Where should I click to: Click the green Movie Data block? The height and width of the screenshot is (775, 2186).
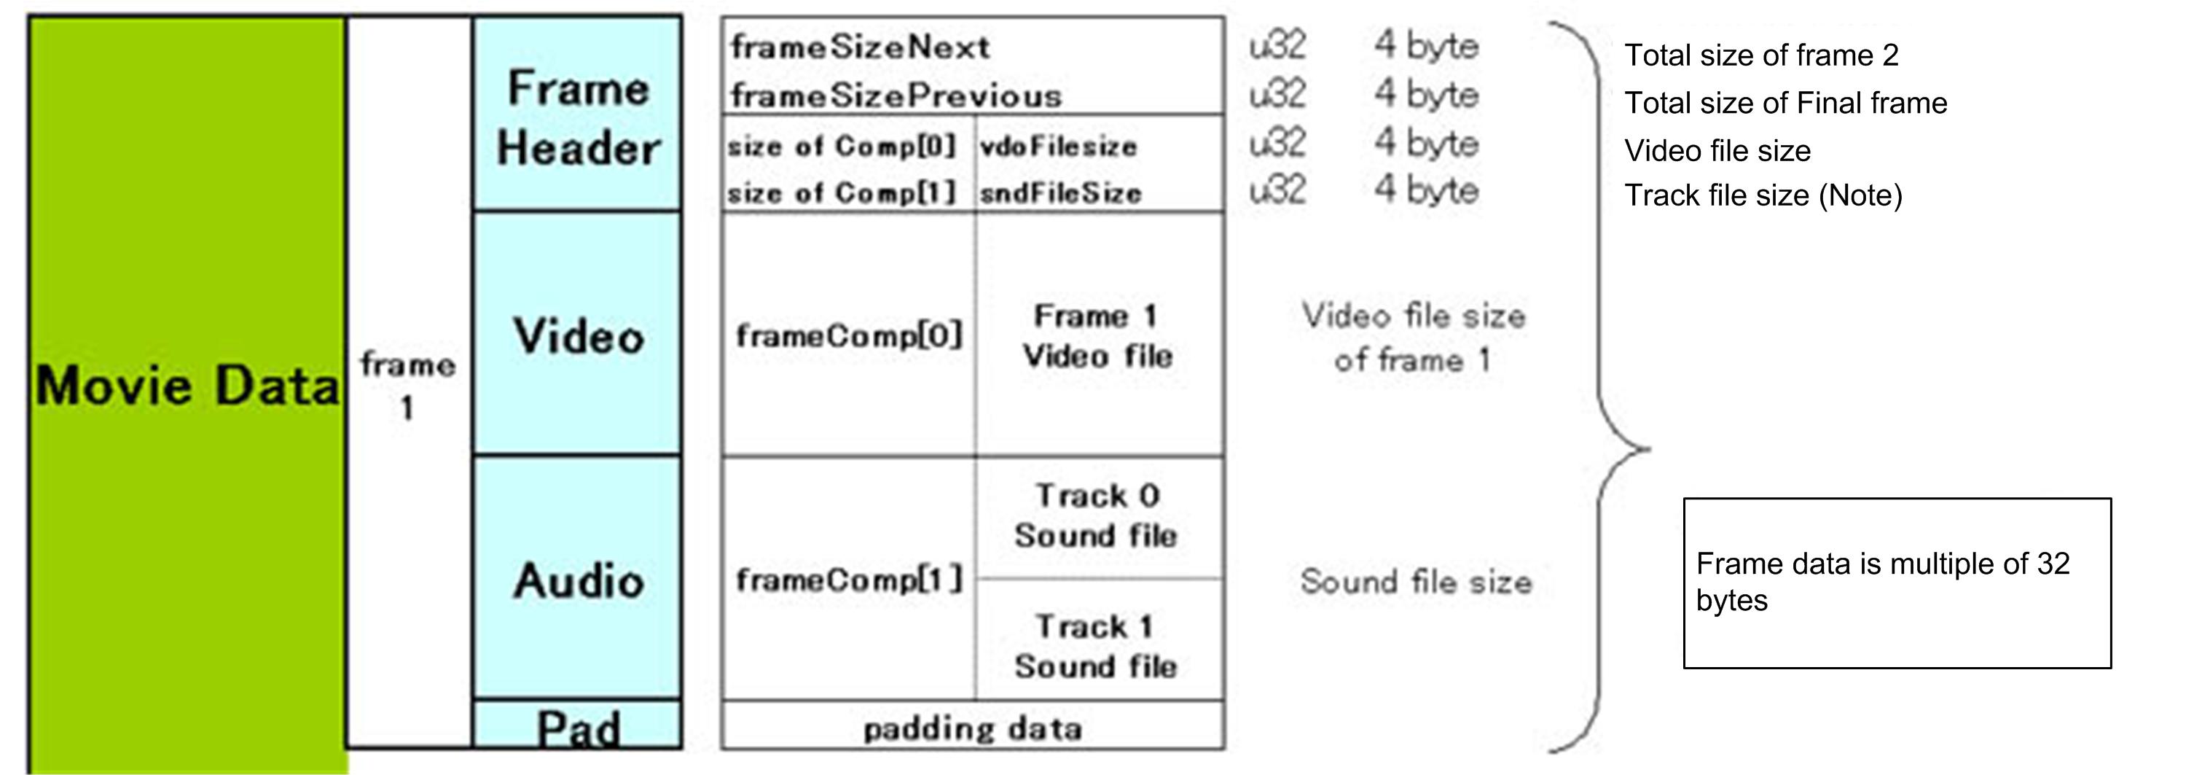click(x=187, y=386)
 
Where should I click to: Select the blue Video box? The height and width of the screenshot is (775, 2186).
click(x=578, y=335)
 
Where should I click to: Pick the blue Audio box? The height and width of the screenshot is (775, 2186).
click(x=578, y=580)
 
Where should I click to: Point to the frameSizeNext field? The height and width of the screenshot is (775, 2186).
click(x=860, y=47)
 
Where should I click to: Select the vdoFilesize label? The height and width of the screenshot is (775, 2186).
click(x=1058, y=147)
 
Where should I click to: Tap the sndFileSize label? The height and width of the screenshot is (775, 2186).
click(x=1060, y=193)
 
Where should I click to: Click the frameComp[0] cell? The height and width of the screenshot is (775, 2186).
click(x=849, y=336)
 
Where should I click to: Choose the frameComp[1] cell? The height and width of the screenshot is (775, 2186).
click(x=849, y=580)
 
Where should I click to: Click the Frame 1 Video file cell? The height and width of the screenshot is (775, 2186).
click(x=1098, y=336)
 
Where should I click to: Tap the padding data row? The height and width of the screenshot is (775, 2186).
click(x=973, y=728)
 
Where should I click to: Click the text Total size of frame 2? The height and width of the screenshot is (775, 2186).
click(x=1761, y=56)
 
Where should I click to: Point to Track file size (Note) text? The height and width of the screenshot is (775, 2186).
click(x=1763, y=196)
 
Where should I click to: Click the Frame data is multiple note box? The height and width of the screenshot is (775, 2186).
click(x=1897, y=583)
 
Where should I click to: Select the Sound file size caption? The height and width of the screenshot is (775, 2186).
click(x=1417, y=583)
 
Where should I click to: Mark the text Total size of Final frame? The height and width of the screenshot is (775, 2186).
click(x=1785, y=104)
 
